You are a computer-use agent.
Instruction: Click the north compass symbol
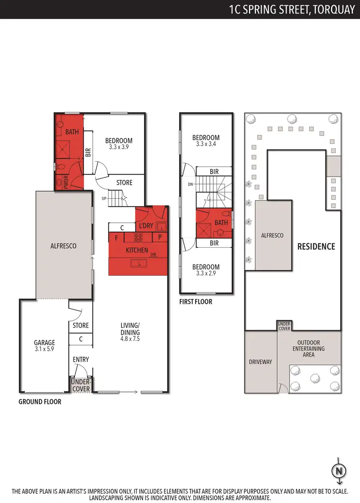[339, 470]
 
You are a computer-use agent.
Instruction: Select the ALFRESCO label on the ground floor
[64, 246]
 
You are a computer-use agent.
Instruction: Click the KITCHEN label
[137, 251]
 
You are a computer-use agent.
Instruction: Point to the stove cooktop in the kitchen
[138, 237]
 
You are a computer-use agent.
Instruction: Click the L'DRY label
[145, 226]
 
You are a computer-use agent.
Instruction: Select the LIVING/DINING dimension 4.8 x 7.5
[130, 339]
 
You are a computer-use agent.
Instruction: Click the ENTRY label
[81, 359]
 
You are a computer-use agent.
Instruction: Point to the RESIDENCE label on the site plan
[316, 247]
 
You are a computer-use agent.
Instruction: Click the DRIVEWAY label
[261, 361]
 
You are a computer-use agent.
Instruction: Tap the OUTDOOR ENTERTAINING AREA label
[309, 349]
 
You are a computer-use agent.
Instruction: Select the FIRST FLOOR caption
[195, 302]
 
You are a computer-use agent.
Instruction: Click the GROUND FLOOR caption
[40, 402]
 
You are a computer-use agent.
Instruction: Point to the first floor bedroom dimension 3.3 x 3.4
[205, 144]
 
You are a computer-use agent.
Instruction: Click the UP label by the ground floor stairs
[104, 198]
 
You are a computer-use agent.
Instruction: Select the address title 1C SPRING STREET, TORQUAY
[293, 9]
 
